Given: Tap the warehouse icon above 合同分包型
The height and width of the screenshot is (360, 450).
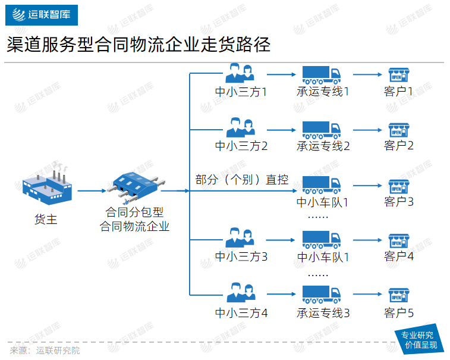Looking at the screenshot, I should click(134, 186).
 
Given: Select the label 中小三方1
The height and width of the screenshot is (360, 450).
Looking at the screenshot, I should click(241, 92).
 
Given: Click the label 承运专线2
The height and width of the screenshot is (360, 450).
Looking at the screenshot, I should click(323, 146).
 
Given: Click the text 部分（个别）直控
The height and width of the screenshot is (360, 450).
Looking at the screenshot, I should click(242, 180).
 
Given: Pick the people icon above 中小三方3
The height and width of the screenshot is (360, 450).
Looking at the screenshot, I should click(241, 238).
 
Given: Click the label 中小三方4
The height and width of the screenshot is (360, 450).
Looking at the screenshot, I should click(241, 312).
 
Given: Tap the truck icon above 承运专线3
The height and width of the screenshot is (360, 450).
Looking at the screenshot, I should click(322, 294).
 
